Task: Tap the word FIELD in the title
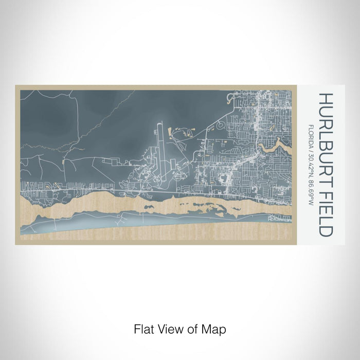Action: coord(326,208)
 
